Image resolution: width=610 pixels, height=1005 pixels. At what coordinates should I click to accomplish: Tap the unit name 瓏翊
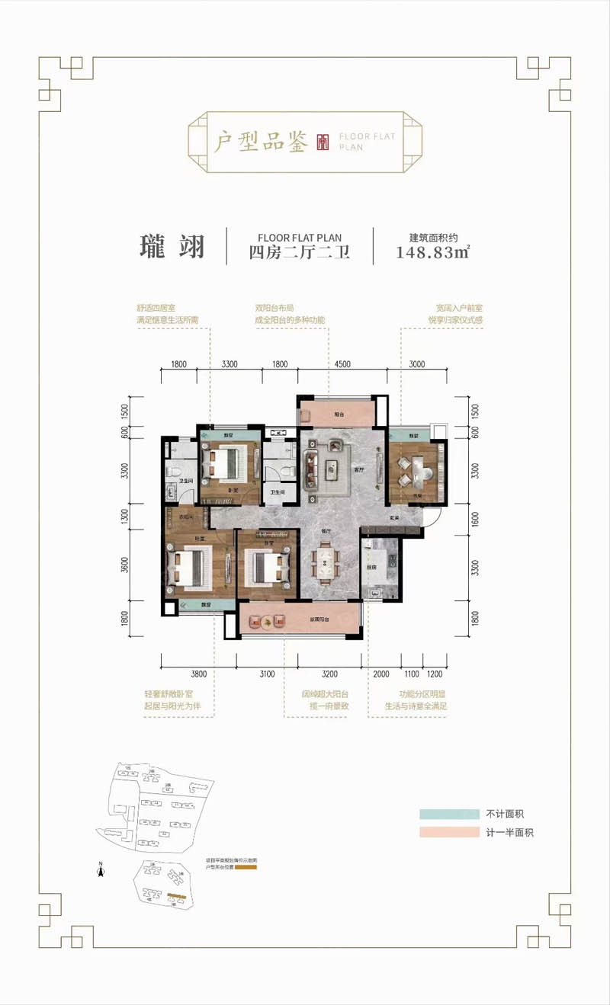point(172,247)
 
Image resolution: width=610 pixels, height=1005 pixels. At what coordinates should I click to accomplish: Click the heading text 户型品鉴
point(260,142)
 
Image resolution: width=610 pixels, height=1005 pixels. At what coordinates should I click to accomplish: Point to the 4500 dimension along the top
point(341,364)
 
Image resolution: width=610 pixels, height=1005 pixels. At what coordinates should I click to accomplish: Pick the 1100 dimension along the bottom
point(412,674)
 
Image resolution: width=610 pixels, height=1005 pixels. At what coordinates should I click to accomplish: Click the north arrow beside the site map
point(100,866)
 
